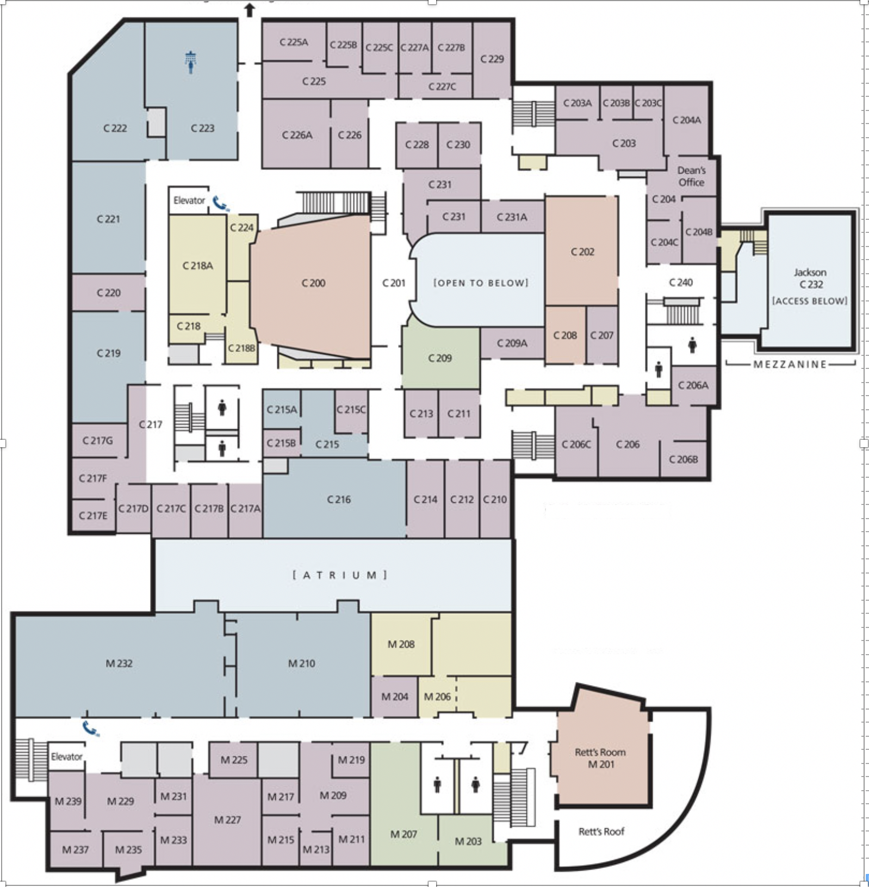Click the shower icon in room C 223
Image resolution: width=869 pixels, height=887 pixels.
click(190, 61)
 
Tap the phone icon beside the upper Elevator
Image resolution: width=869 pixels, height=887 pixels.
click(221, 204)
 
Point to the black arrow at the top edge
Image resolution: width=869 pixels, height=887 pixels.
click(250, 10)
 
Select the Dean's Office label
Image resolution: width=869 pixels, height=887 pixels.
click(691, 176)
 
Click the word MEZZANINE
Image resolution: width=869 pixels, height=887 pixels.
click(790, 364)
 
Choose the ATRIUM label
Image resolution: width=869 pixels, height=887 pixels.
click(340, 575)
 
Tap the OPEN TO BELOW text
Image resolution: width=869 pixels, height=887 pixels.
click(481, 283)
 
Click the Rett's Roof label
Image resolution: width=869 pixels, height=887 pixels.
click(601, 831)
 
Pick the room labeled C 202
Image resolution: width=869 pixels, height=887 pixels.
click(582, 251)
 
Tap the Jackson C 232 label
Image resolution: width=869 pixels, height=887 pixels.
click(810, 278)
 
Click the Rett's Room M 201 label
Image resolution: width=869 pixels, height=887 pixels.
click(600, 758)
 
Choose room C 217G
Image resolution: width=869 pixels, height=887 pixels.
click(98, 440)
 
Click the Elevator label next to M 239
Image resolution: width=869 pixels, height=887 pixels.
click(67, 756)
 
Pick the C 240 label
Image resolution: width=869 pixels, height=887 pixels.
click(681, 282)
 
